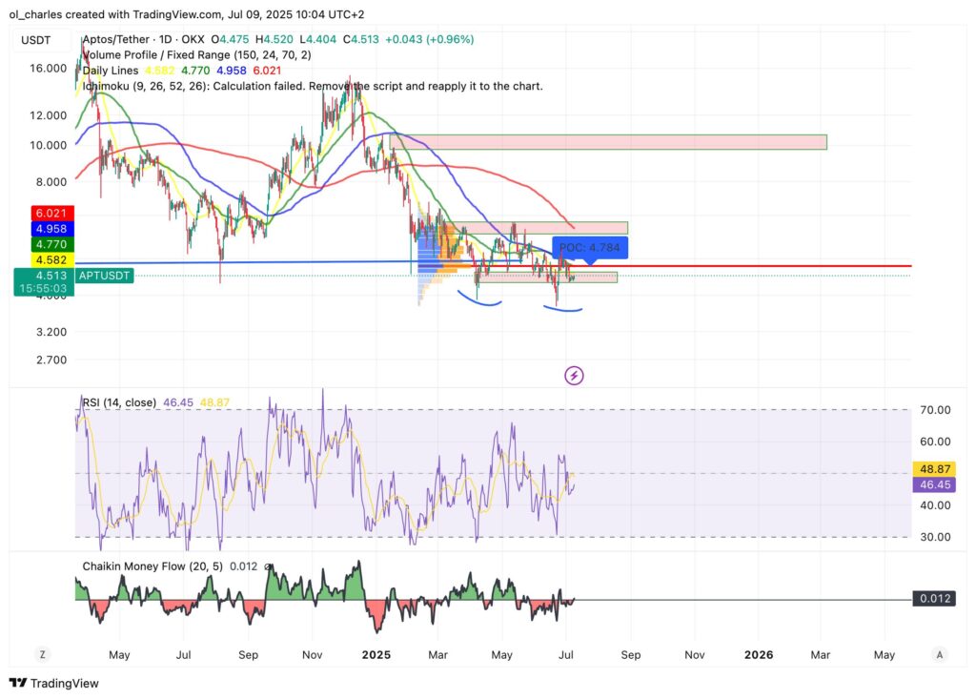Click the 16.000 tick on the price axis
coord(48,69)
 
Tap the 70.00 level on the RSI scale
coord(935,410)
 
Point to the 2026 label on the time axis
coord(758,655)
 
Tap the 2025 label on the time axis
coord(376,655)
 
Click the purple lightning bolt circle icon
coord(575,375)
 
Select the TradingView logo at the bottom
coord(54,683)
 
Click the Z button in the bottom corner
coord(42,655)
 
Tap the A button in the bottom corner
coord(940,655)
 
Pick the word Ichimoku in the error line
coord(111,86)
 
